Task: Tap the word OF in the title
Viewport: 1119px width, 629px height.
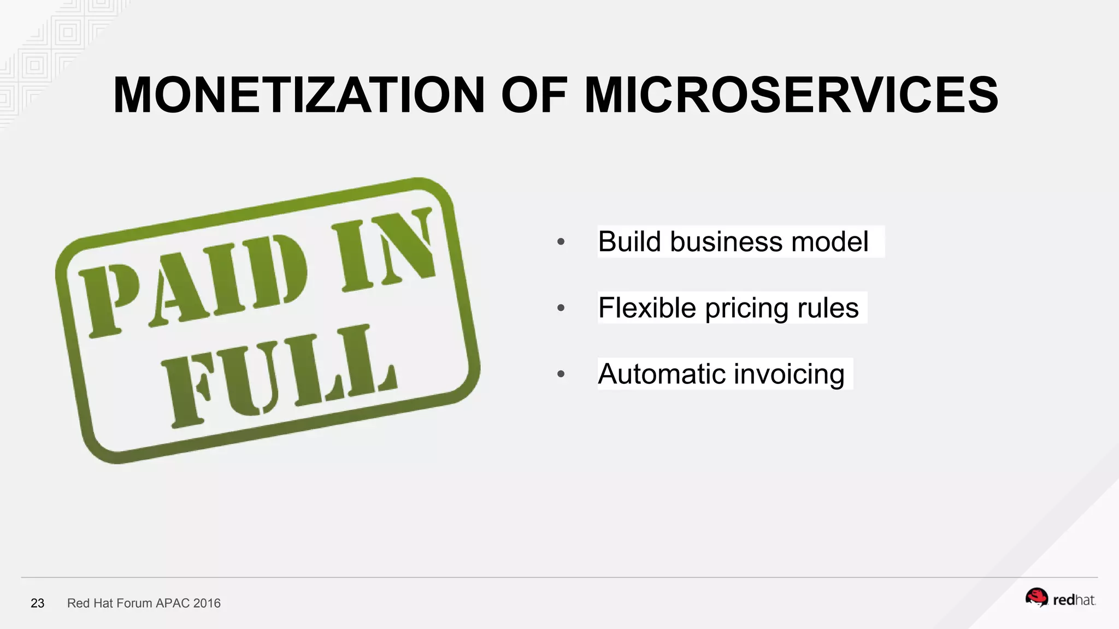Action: pyautogui.click(x=534, y=95)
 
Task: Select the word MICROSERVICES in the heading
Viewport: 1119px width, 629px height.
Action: pyautogui.click(x=791, y=95)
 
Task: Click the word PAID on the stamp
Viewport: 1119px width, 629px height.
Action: pyautogui.click(x=194, y=284)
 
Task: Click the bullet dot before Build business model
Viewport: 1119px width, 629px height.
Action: pyautogui.click(x=561, y=242)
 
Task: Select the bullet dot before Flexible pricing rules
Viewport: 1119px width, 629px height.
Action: pyautogui.click(x=561, y=308)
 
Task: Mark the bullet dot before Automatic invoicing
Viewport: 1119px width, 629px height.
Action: pyautogui.click(x=561, y=374)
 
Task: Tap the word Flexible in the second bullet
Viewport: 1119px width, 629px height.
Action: pyautogui.click(x=647, y=308)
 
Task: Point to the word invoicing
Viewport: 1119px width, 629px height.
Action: pyautogui.click(x=789, y=375)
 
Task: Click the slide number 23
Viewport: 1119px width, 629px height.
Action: pyautogui.click(x=37, y=603)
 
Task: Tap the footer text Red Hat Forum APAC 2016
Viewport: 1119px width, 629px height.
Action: pyautogui.click(x=144, y=603)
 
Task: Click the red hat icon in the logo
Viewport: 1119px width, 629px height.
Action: pyautogui.click(x=1036, y=598)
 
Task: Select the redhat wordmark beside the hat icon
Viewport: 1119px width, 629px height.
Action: pyautogui.click(x=1074, y=601)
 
